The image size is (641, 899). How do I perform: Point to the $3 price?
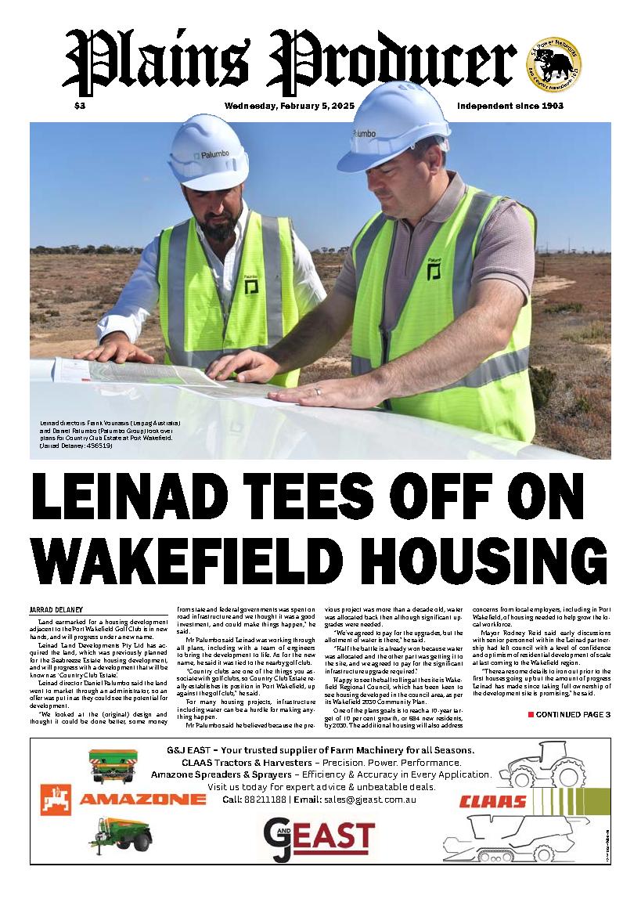(80, 106)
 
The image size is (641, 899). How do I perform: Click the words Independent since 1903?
(510, 106)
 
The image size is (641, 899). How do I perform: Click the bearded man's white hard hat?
(207, 155)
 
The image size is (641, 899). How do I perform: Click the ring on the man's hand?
(317, 389)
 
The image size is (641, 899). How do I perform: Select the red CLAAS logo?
(492, 801)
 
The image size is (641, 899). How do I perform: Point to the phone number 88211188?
(264, 800)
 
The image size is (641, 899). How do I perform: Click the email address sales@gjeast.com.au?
(368, 800)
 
